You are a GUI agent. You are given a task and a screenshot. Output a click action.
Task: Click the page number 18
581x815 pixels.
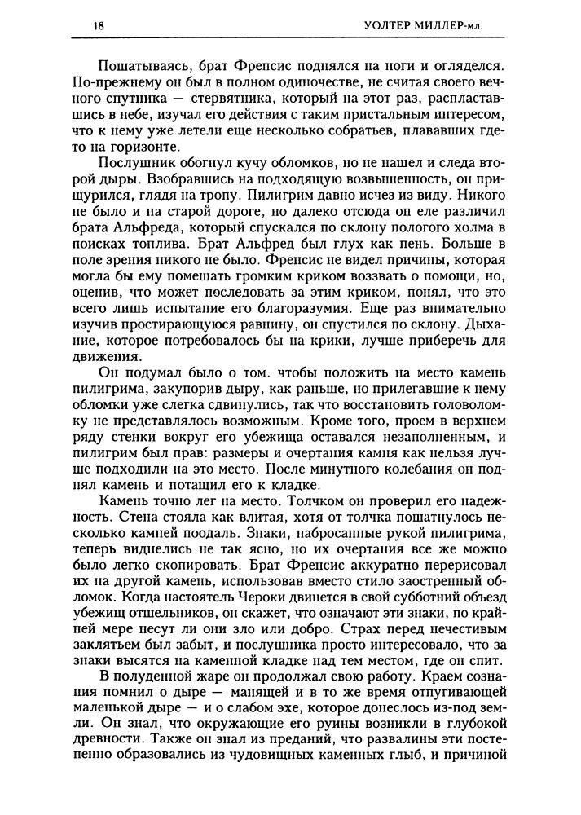99,25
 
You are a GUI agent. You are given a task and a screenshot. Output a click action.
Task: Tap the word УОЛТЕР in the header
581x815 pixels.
385,26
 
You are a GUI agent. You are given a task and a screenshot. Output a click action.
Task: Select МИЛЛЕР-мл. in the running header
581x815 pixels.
450,26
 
